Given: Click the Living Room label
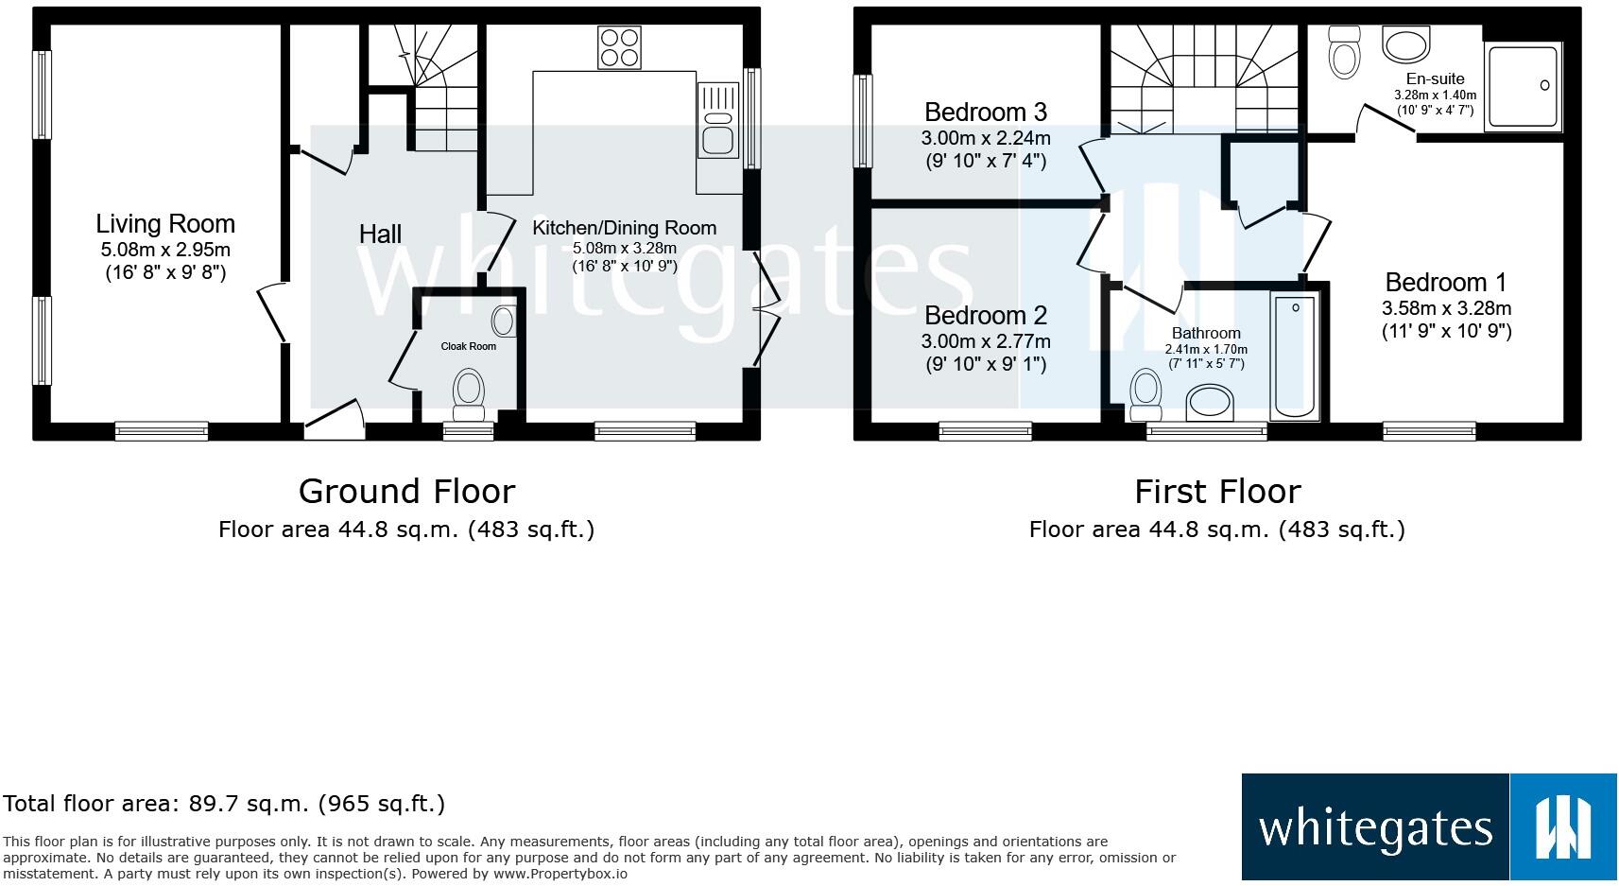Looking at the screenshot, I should pyautogui.click(x=165, y=224).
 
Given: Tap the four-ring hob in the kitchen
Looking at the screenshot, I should pyautogui.click(x=620, y=47).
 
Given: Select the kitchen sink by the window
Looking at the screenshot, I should pyautogui.click(x=718, y=120).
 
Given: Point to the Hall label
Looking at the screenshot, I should pyautogui.click(x=380, y=234).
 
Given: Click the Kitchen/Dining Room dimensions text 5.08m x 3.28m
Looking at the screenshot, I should pyautogui.click(x=624, y=248).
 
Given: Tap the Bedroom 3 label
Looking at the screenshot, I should pyautogui.click(x=986, y=112).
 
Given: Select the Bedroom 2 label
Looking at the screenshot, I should pyautogui.click(x=986, y=315).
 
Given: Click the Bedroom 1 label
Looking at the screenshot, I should pyautogui.click(x=1446, y=282).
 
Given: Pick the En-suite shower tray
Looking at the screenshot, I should pyautogui.click(x=1523, y=87).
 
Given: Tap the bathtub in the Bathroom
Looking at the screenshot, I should pyautogui.click(x=1295, y=357).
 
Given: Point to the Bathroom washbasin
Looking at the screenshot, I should pyautogui.click(x=1211, y=402).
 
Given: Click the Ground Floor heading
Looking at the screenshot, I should pyautogui.click(x=406, y=492).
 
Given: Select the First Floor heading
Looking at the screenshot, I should pyautogui.click(x=1217, y=492).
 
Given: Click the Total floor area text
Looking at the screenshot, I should pyautogui.click(x=224, y=804).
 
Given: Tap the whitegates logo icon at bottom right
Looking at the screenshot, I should pyautogui.click(x=1564, y=827).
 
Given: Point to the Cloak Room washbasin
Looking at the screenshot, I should pyautogui.click(x=504, y=321).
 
